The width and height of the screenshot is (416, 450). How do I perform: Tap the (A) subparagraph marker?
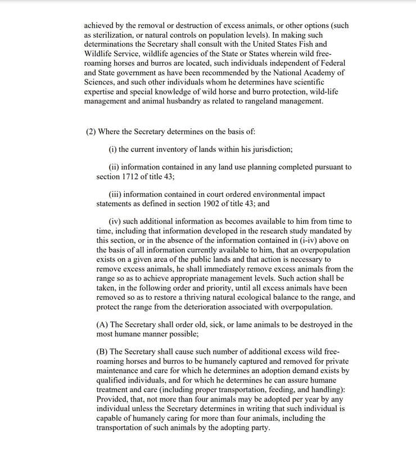tap(103, 325)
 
